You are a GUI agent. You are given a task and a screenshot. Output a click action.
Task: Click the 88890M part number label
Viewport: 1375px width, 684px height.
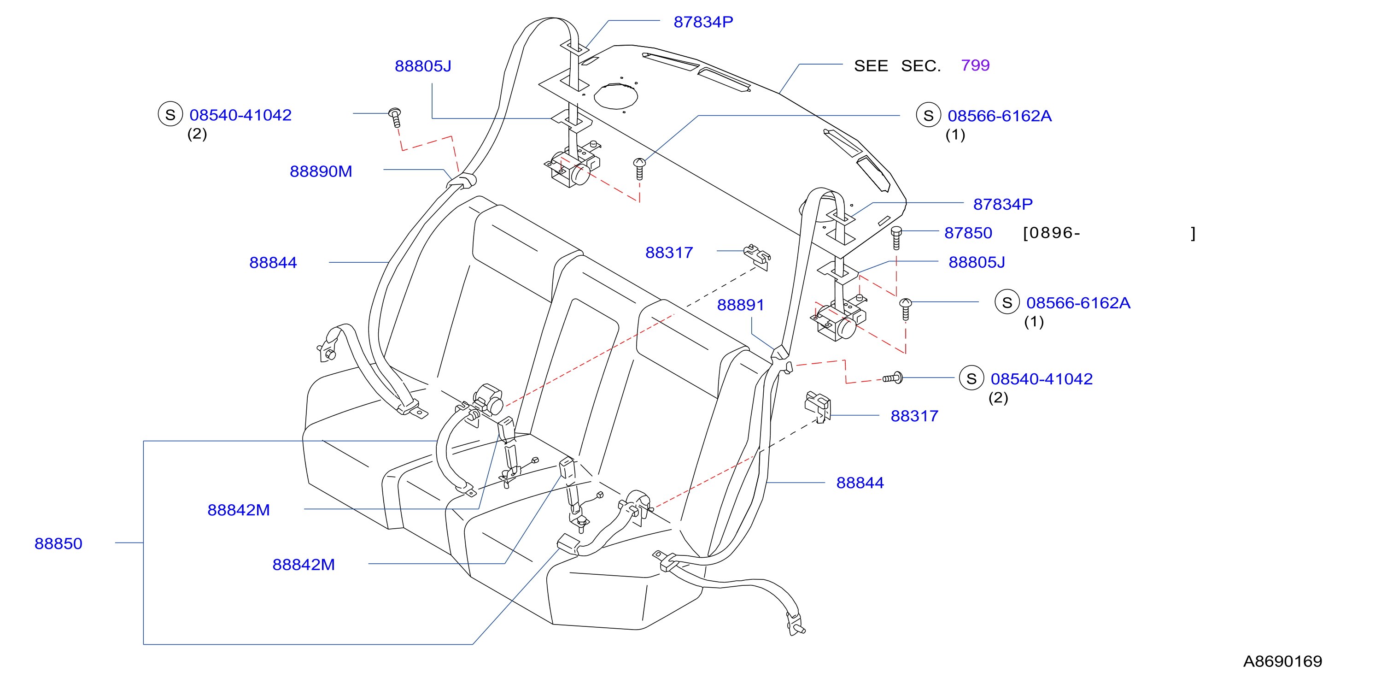[x=321, y=171]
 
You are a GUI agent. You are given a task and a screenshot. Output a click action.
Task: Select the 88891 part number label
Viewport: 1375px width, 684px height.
[x=740, y=305]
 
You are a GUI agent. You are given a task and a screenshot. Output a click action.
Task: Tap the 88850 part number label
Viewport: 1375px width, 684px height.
[x=58, y=543]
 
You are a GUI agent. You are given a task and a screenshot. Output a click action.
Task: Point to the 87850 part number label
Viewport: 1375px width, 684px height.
[x=968, y=233]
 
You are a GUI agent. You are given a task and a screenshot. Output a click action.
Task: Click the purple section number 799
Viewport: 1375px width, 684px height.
[x=975, y=65]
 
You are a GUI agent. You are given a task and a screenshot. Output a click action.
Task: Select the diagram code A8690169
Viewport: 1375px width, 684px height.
[x=1283, y=661]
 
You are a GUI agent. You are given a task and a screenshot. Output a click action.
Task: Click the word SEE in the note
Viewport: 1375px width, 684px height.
[x=871, y=65]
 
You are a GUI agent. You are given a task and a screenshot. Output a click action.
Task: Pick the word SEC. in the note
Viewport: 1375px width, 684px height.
[x=921, y=65]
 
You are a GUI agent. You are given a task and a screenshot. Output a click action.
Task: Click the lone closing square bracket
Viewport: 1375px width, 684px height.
[x=1193, y=233]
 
